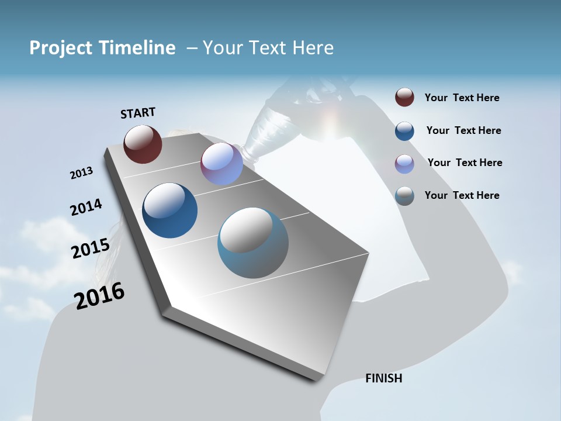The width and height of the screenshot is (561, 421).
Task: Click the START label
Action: coord(138,113)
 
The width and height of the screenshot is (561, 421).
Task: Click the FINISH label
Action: coord(383,378)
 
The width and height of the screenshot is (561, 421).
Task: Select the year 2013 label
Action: coord(81,173)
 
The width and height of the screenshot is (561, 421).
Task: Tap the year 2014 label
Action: coord(86,208)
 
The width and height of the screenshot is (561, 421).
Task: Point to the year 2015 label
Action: coord(90,249)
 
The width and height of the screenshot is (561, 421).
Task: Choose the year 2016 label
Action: coord(99,296)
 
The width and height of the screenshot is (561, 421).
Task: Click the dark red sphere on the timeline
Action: coord(143,144)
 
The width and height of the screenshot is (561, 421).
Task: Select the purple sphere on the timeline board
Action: coord(221,164)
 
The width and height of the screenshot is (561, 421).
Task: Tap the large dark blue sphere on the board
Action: coord(169,210)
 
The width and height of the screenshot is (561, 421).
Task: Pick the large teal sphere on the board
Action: coord(253,243)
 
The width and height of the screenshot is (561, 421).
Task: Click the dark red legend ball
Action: coord(404,98)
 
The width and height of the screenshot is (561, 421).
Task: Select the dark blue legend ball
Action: coord(404,131)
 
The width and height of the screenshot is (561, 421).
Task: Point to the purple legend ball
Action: coord(404,164)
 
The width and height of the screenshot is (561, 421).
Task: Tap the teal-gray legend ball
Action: coord(404,196)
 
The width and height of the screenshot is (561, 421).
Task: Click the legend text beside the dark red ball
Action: coord(462,98)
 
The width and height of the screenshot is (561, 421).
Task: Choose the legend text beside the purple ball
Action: coord(465,163)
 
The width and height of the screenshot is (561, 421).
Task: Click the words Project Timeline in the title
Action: coord(102,48)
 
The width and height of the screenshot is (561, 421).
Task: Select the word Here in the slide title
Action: coord(313,48)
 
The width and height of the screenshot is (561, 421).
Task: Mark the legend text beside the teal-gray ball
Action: coord(462,195)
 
